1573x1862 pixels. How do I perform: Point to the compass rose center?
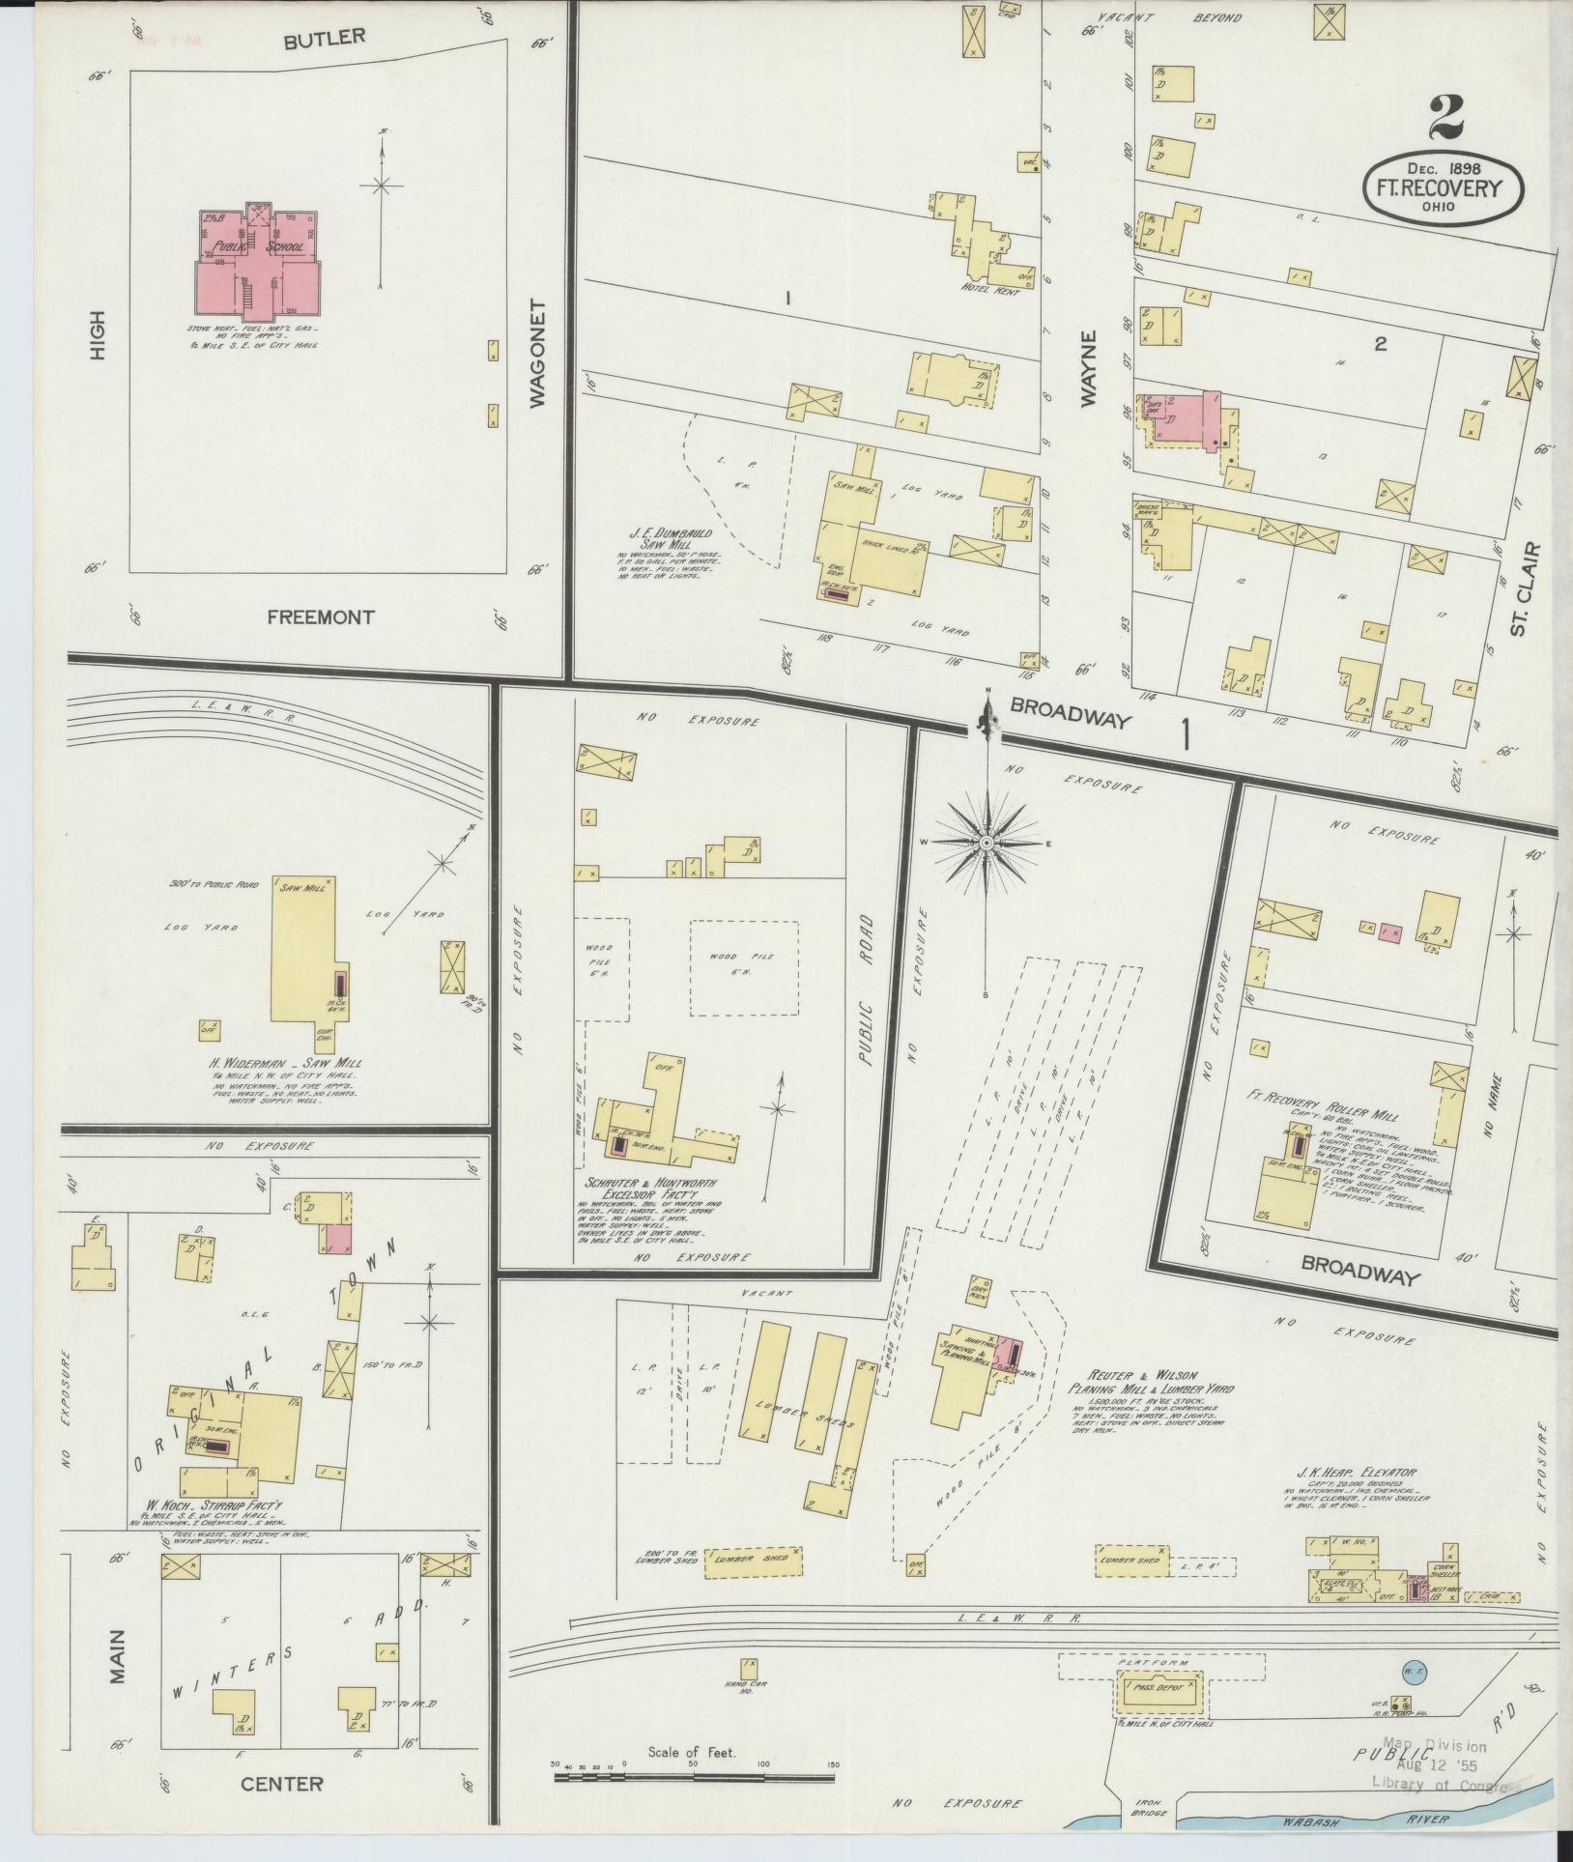coord(987,844)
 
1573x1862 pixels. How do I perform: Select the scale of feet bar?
coord(693,1776)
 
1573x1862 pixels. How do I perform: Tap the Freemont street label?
coord(320,617)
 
